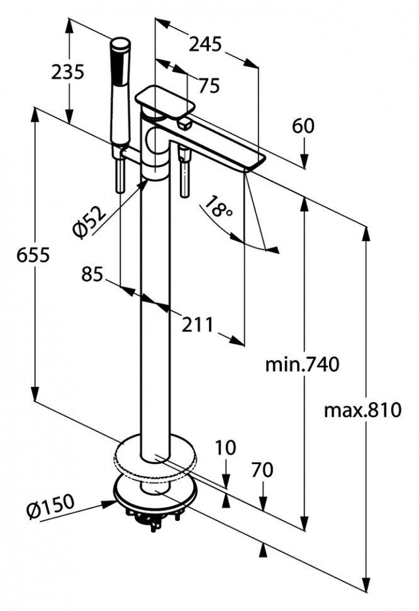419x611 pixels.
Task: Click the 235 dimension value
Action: coord(67,72)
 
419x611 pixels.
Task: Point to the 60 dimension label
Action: coord(303,126)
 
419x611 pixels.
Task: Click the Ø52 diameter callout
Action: coord(90,220)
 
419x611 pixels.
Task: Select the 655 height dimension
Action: coord(33,256)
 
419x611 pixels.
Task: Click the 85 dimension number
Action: coord(92,274)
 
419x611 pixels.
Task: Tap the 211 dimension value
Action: coord(198,324)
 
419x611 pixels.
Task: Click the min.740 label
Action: coord(302,365)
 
